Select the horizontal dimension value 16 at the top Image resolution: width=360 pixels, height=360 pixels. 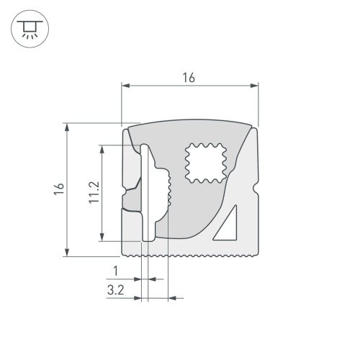pyautogui.click(x=189, y=76)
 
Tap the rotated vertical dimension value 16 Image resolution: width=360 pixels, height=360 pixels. pyautogui.click(x=59, y=189)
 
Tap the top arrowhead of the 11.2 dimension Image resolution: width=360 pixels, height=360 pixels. pyautogui.click(x=103, y=148)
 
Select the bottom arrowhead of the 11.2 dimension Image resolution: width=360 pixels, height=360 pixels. pyautogui.click(x=103, y=238)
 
